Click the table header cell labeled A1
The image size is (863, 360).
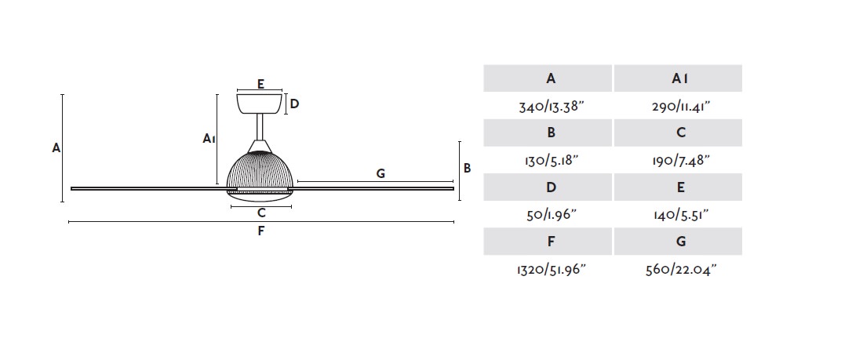coord(678,78)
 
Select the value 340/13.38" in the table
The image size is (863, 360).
coord(551,106)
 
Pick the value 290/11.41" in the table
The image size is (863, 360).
coord(680,106)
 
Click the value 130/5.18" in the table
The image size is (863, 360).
coord(551,161)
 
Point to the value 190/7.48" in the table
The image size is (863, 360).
coord(680,161)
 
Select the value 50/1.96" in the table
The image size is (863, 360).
coord(551,215)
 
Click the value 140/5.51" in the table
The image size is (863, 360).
coord(680,215)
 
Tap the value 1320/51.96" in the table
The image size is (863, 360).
coord(551,269)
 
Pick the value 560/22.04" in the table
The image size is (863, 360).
coord(680,269)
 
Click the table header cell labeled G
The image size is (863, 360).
coord(678,241)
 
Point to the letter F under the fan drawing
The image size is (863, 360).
coord(261,231)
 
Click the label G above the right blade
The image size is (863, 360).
coord(381,174)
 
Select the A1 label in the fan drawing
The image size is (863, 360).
coord(208,138)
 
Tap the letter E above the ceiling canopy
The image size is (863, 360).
coord(260,84)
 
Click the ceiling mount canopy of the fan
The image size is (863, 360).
coord(259,104)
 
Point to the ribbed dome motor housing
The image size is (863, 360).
coord(261,172)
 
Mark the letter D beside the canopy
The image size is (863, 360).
coord(294,104)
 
